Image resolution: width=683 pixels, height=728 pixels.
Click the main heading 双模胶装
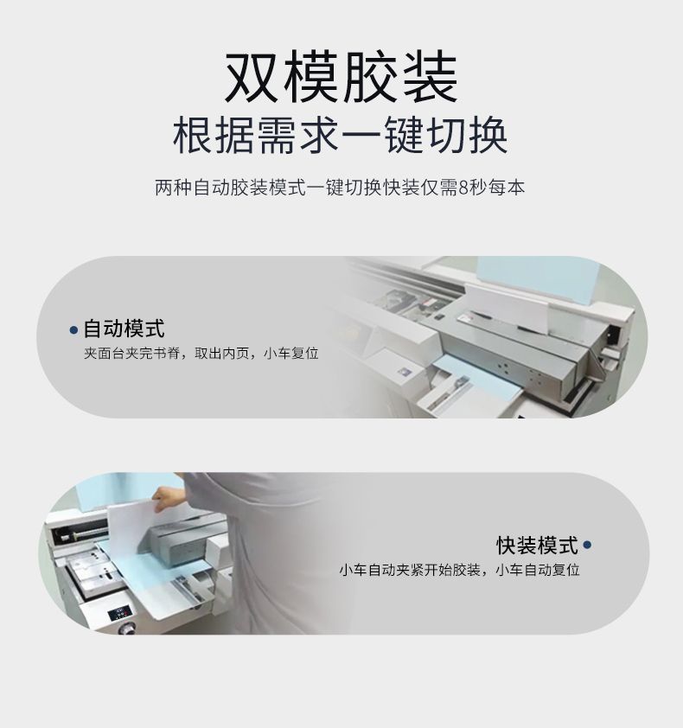341,77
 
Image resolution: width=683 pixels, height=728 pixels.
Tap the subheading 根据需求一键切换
341,136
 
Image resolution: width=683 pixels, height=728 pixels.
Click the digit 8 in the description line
463,188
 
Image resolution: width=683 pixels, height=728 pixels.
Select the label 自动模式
124,329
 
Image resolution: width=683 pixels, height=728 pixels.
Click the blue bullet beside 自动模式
73,330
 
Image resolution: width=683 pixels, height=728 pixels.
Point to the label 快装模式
537,545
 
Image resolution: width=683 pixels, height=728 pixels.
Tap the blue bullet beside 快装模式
587,545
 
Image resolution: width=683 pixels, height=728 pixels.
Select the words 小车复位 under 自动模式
291,354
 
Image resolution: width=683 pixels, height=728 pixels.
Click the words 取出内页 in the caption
222,354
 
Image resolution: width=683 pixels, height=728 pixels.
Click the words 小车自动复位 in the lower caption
538,570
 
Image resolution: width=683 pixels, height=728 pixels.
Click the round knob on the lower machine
127,629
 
